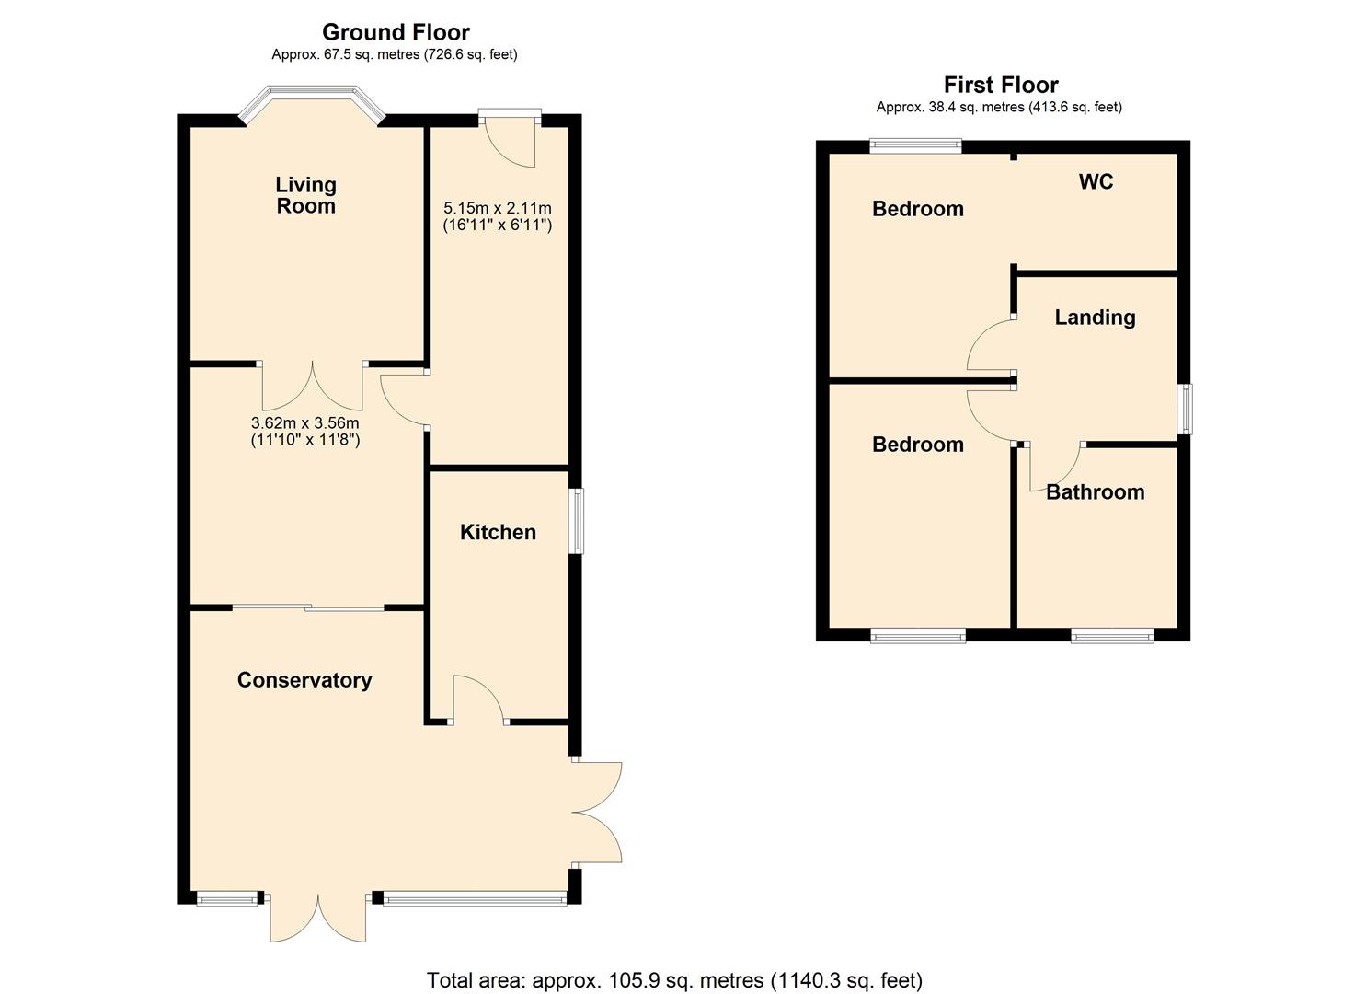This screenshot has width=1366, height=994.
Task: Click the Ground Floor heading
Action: coord(396,32)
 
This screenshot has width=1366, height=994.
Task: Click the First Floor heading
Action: coord(1001,85)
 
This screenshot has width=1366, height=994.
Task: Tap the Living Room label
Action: coord(306,195)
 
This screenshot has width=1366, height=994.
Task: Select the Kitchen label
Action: coord(498,532)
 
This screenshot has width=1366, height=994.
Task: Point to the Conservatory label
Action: coord(304,680)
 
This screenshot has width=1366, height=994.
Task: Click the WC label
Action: coord(1096,181)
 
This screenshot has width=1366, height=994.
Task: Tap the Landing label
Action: coord(1095,318)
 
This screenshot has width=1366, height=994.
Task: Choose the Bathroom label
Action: coord(1095,492)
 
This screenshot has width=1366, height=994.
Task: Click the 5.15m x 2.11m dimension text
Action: coord(498,216)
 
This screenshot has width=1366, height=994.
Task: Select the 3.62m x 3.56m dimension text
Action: coord(305,431)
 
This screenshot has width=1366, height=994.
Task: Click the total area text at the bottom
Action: coord(674,980)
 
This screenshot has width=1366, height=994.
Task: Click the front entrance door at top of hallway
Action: coord(511,141)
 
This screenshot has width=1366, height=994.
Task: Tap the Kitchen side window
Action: coord(578,521)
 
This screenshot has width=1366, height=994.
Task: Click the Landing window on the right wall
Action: coord(1187,409)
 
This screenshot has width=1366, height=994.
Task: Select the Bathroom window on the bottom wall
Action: coord(1112,635)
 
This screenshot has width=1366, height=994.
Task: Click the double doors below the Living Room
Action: coord(312,387)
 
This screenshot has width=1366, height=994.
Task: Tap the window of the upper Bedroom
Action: coord(916,144)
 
